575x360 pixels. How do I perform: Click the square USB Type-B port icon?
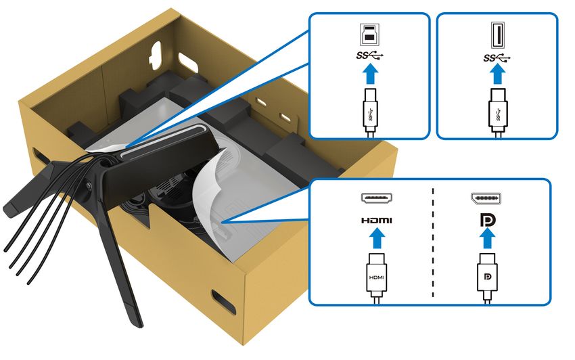click(369, 35)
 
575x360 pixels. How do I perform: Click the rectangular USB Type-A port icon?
click(498, 35)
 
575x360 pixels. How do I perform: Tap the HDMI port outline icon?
click(377, 198)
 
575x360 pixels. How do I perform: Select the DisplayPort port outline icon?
click(486, 198)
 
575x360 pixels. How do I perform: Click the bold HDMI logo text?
click(377, 220)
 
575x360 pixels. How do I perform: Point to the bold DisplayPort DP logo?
click(488, 220)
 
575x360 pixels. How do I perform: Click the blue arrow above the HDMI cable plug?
click(377, 238)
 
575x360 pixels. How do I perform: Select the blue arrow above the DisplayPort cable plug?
click(487, 238)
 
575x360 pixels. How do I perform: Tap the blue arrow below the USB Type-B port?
click(370, 74)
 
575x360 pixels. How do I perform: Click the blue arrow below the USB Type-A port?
click(498, 74)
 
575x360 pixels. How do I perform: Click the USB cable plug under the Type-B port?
click(370, 112)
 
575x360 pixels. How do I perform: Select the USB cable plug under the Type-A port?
click(498, 112)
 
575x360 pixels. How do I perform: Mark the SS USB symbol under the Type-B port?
click(370, 55)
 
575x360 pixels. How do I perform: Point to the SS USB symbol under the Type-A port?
click(497, 58)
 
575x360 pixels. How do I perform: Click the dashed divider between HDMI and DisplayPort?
click(433, 242)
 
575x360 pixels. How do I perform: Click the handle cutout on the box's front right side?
click(224, 301)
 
